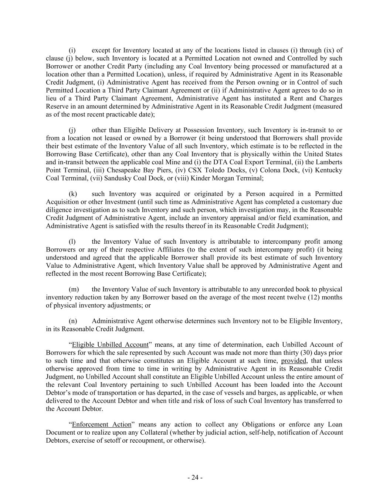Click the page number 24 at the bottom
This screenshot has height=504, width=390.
point(195,478)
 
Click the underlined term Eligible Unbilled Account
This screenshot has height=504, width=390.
point(110,345)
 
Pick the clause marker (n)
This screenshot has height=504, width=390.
point(73,321)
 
